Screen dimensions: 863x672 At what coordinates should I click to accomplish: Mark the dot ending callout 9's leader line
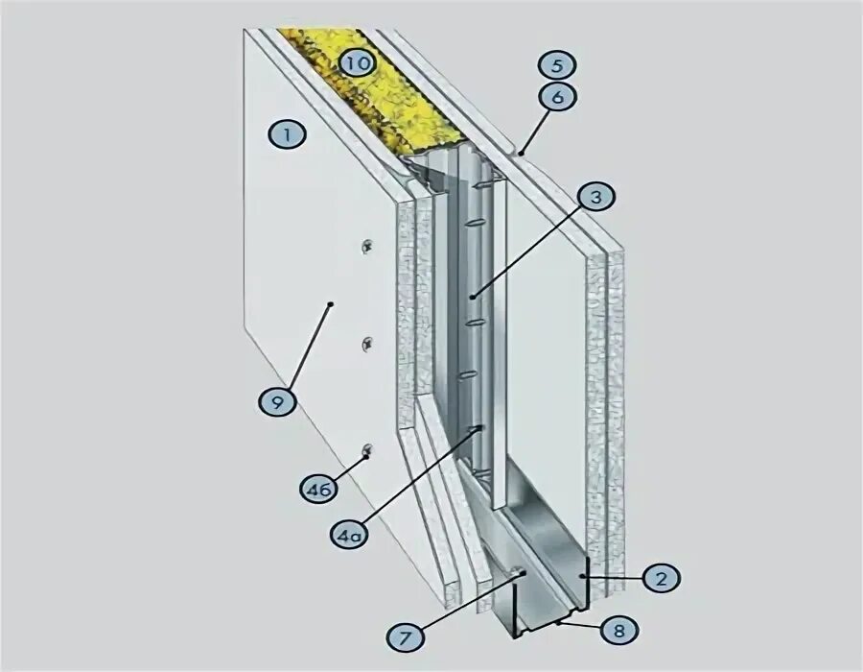[329, 304]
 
